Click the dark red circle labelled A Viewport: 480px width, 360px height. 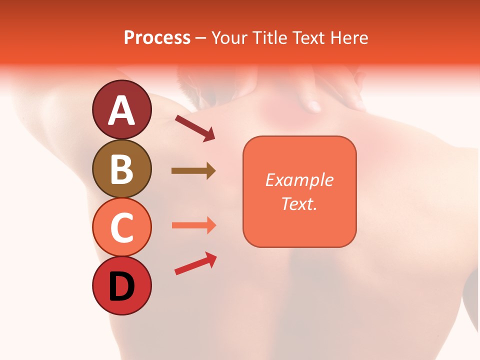pos(121,109)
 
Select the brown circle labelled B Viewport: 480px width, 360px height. pos(121,168)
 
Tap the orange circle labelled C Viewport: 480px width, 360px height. pos(121,227)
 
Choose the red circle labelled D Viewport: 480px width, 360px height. pos(121,286)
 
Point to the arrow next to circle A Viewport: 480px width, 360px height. pos(194,128)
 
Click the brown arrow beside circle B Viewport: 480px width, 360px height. pos(193,171)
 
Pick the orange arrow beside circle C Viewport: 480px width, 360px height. pos(193,225)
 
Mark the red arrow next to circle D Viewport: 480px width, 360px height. pos(195,263)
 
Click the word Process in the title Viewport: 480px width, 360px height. pos(157,37)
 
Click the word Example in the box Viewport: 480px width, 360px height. pos(299,180)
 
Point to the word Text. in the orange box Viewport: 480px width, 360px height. pos(299,203)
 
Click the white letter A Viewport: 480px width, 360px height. pos(121,110)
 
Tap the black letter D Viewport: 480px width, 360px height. pos(121,287)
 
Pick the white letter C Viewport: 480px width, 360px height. pos(121,228)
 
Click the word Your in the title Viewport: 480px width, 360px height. pos(229,37)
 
